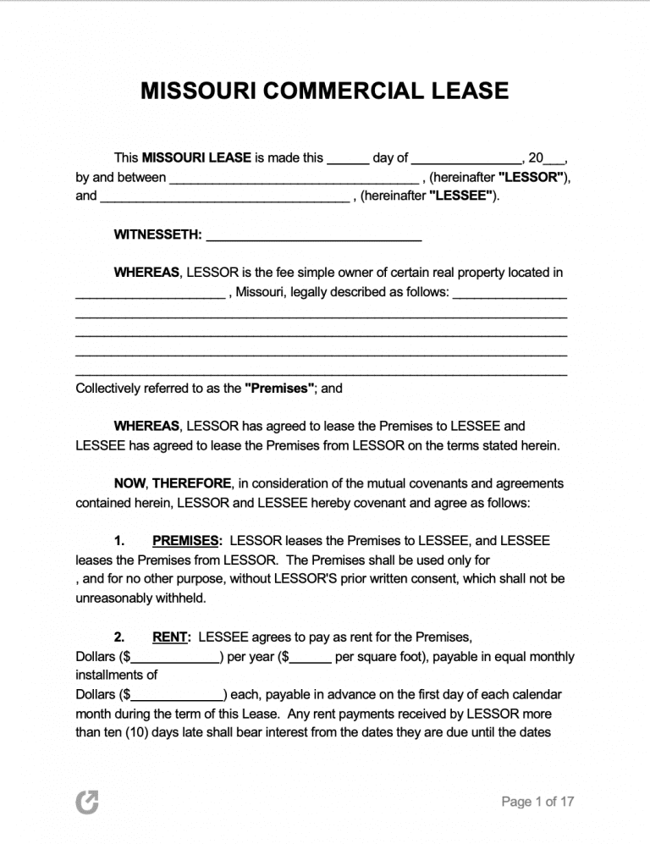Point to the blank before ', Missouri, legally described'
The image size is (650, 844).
point(150,295)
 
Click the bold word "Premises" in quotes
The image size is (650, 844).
point(280,389)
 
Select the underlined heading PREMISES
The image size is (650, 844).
point(187,540)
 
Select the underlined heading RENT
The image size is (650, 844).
point(171,637)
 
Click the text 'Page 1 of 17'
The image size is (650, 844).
point(538,802)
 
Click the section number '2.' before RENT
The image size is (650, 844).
point(120,637)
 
